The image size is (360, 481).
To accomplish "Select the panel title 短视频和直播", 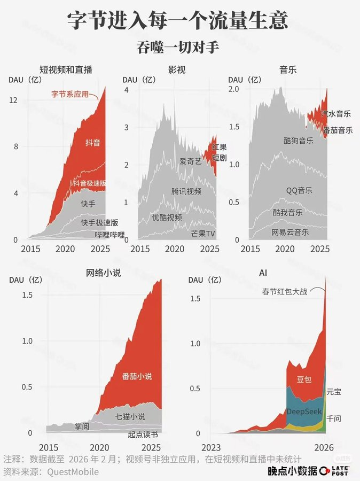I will pyautogui.click(x=66, y=69).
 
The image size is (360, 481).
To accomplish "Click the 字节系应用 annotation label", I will pyautogui.click(x=69, y=94).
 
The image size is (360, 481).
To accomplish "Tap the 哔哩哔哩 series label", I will pyautogui.click(x=109, y=235).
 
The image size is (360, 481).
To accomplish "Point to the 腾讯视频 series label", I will pyautogui.click(x=186, y=191).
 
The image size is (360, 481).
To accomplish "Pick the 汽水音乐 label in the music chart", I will pyautogui.click(x=336, y=114).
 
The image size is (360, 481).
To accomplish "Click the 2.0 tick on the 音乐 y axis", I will pyautogui.click(x=233, y=89).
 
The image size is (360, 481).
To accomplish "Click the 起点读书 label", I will pyautogui.click(x=143, y=435).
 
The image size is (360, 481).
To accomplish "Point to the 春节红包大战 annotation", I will pyautogui.click(x=285, y=292).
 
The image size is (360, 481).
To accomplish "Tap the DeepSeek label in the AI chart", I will pyautogui.click(x=304, y=412).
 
